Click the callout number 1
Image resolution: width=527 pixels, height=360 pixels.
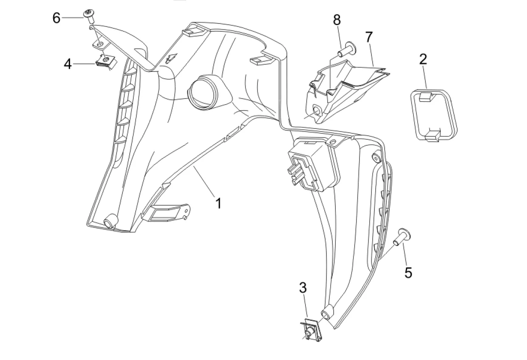(x=218, y=203)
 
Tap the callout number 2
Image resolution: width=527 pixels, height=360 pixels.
(x=423, y=59)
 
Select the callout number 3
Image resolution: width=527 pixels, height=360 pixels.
(x=303, y=288)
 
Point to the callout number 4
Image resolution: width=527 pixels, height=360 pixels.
(x=68, y=64)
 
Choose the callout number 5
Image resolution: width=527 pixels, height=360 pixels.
(x=408, y=272)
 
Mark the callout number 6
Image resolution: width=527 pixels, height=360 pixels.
(x=57, y=18)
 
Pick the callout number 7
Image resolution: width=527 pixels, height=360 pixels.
(x=368, y=37)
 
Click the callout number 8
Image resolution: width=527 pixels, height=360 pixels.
(x=337, y=20)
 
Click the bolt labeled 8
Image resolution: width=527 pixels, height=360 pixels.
(x=347, y=49)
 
